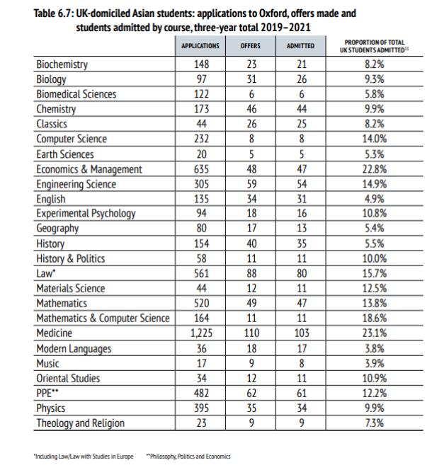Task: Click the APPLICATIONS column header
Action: [x=200, y=47]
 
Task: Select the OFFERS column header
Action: [x=251, y=47]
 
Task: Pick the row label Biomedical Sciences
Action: [x=76, y=95]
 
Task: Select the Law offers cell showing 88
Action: [x=251, y=274]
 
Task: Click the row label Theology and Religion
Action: [x=80, y=423]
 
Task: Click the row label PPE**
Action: [x=49, y=394]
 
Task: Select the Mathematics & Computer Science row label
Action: [x=103, y=319]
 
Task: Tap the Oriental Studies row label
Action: [x=68, y=379]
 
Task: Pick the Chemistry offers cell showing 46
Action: [x=251, y=110]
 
